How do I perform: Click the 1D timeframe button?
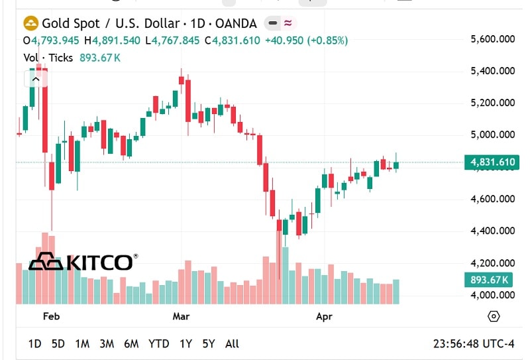point(34,343)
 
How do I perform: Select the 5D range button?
point(58,343)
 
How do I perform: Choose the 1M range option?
point(82,343)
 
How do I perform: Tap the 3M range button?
point(107,343)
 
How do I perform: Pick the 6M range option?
point(131,343)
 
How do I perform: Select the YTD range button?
point(158,343)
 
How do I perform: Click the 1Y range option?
point(185,343)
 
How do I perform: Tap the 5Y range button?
point(209,343)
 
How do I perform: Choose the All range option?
point(232,343)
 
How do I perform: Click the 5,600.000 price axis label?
point(492,39)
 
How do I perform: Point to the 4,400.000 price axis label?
point(492,231)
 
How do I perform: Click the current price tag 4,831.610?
point(492,162)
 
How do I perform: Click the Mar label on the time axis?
point(181,316)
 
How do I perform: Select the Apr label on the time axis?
point(324,316)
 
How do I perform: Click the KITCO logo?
point(83,262)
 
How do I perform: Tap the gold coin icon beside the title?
point(31,24)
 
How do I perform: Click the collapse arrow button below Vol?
point(36,79)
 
